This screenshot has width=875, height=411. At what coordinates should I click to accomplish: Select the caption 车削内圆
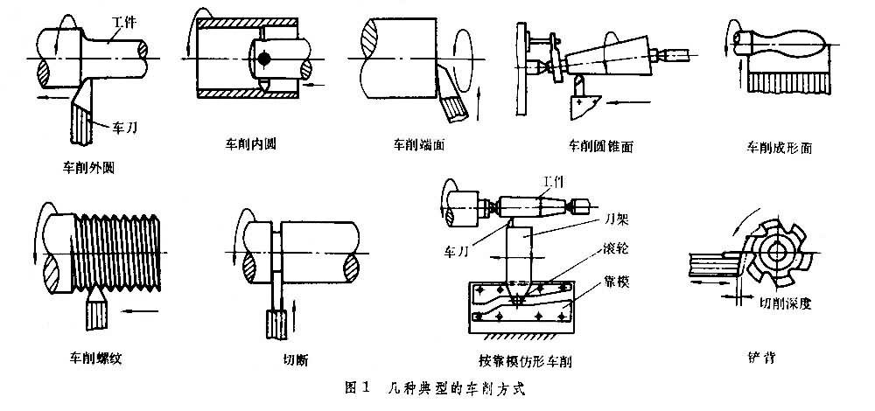[x=250, y=140]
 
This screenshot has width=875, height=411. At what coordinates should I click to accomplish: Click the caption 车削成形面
[x=779, y=148]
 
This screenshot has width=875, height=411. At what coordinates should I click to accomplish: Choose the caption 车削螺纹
[x=95, y=356]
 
